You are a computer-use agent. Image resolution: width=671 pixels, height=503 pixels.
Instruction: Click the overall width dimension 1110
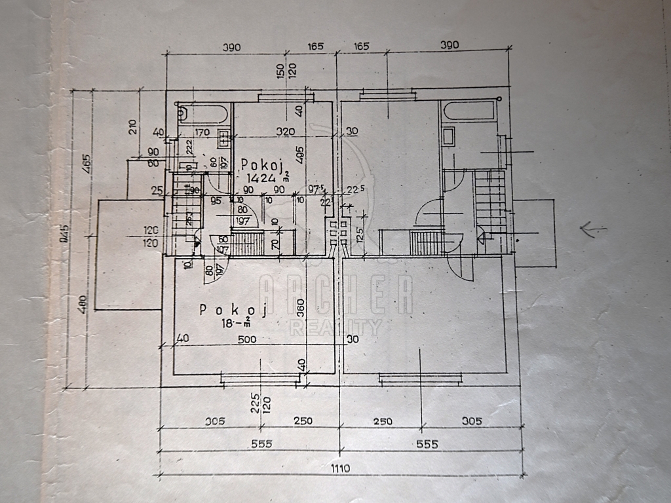340,468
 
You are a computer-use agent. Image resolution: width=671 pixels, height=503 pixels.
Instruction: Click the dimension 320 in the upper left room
285,132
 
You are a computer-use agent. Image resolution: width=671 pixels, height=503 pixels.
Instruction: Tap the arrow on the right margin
593,229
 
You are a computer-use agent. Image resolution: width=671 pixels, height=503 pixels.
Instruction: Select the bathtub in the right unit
467,111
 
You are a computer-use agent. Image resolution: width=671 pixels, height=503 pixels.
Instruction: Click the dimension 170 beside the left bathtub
202,132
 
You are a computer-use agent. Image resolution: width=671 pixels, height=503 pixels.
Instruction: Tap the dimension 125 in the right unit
360,232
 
